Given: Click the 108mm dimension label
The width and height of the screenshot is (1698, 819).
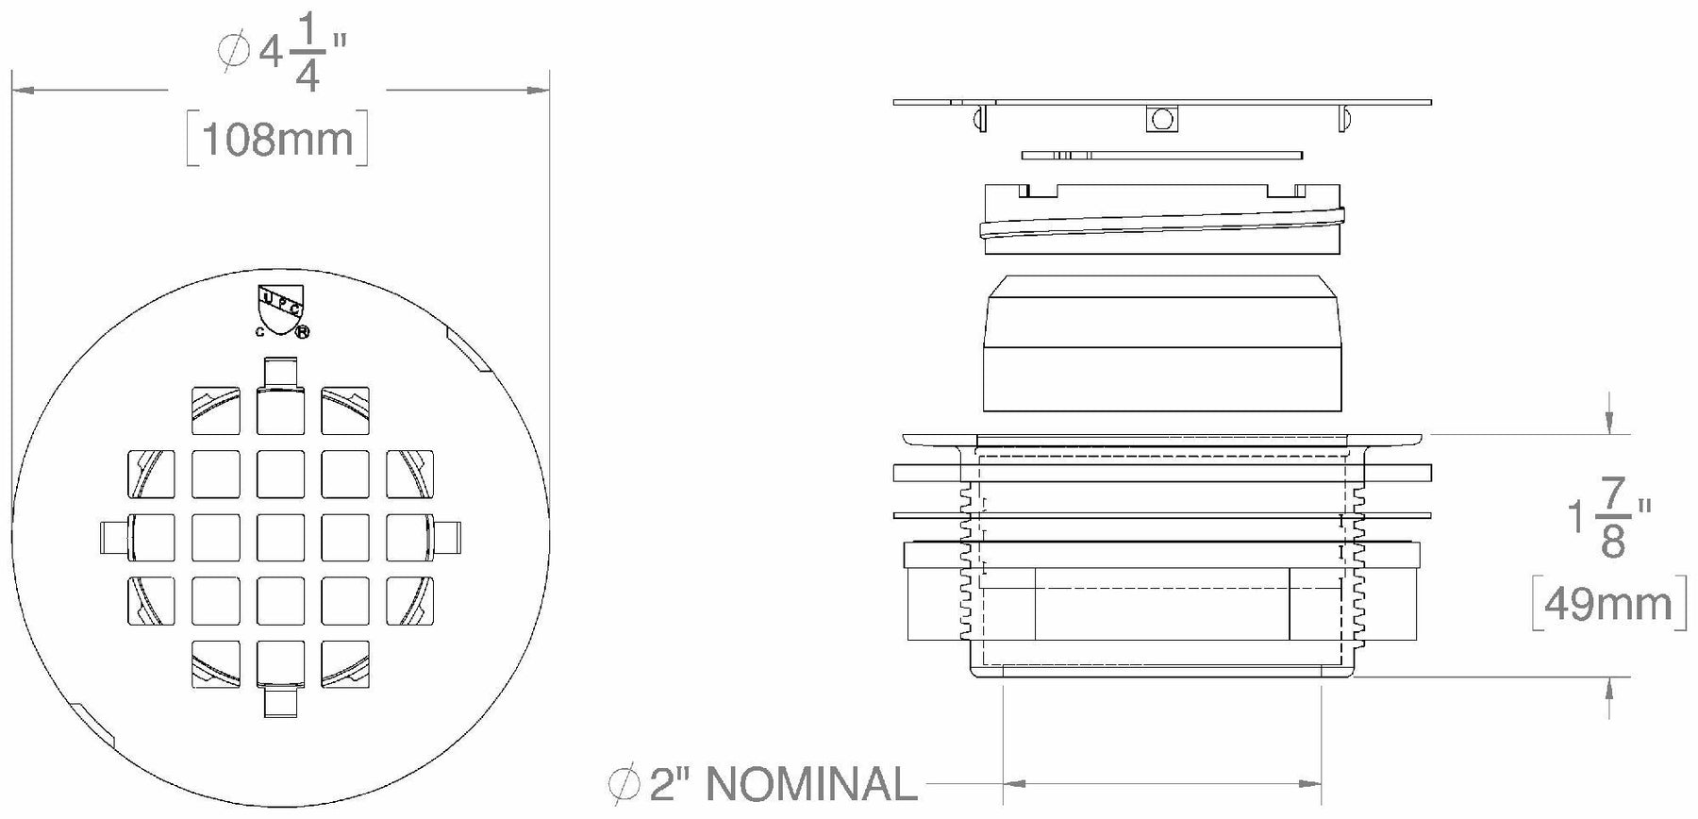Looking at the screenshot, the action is [x=277, y=140].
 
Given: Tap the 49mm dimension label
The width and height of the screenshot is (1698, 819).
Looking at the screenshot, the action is [x=1608, y=603].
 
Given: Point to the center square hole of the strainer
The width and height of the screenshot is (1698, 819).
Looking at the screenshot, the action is [x=280, y=538].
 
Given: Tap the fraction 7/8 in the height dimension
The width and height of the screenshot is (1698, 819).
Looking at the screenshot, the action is [x=1614, y=519].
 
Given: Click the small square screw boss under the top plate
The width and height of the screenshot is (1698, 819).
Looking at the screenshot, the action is [x=1162, y=119].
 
